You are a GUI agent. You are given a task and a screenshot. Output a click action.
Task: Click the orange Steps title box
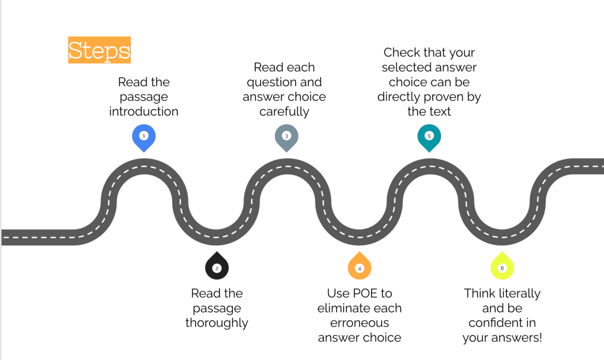pos(99,50)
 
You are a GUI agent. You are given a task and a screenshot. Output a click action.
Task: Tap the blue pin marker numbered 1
pos(143,137)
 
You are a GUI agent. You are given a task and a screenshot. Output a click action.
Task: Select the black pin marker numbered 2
pos(216,267)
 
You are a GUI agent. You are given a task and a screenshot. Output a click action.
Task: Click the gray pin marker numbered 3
pos(286,137)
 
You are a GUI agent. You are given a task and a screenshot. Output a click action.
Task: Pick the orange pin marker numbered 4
pos(359,267)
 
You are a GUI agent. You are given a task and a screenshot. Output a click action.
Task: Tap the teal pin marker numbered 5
pos(429,137)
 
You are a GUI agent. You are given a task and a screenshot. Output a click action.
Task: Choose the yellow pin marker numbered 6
pos(502,267)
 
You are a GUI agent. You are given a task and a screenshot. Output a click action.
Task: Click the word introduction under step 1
pos(143,111)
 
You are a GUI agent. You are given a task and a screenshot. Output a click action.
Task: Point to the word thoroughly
pos(216,323)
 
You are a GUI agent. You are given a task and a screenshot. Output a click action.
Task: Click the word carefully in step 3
pos(284,111)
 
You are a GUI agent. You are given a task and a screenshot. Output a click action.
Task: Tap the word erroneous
pos(359,323)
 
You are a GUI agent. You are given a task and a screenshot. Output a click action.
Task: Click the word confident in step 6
pos(502,323)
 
